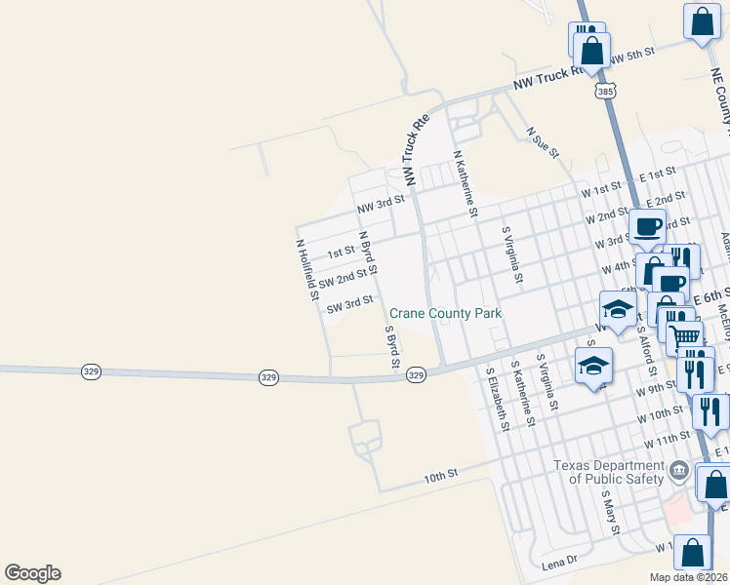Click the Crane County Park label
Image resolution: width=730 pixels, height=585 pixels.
click(445, 314)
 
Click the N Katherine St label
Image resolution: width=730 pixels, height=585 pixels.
click(464, 182)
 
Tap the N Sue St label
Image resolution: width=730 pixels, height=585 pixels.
click(542, 141)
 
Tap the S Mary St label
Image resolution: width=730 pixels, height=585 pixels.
click(611, 511)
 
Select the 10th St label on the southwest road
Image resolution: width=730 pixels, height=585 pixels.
click(440, 476)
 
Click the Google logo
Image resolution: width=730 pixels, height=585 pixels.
click(32, 573)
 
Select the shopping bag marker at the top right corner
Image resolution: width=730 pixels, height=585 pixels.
click(702, 21)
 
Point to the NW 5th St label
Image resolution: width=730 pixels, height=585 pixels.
click(630, 57)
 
